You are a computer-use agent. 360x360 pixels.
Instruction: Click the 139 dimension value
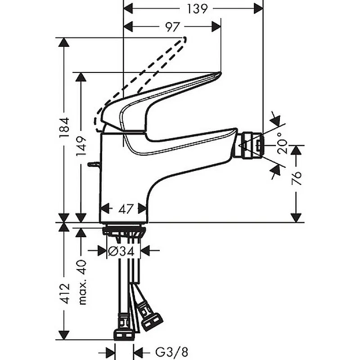click(x=197, y=9)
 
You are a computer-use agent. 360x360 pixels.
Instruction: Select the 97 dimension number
click(x=173, y=27)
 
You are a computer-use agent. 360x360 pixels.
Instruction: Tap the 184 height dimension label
click(x=64, y=127)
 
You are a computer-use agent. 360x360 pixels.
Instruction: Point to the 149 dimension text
click(x=81, y=146)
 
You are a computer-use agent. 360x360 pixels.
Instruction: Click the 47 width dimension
click(x=126, y=209)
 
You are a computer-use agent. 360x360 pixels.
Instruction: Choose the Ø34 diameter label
click(x=121, y=252)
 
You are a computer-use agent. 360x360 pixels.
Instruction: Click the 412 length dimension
click(x=64, y=294)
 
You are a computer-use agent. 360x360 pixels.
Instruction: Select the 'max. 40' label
click(x=82, y=282)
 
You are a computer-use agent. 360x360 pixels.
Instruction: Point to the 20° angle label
click(x=282, y=143)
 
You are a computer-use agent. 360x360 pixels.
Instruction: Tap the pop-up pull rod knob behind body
click(x=94, y=164)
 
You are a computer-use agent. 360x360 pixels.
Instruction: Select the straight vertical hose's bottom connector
click(x=123, y=334)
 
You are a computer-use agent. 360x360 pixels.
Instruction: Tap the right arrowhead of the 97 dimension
click(x=216, y=27)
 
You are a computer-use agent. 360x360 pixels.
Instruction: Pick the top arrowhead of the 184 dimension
click(x=63, y=42)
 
